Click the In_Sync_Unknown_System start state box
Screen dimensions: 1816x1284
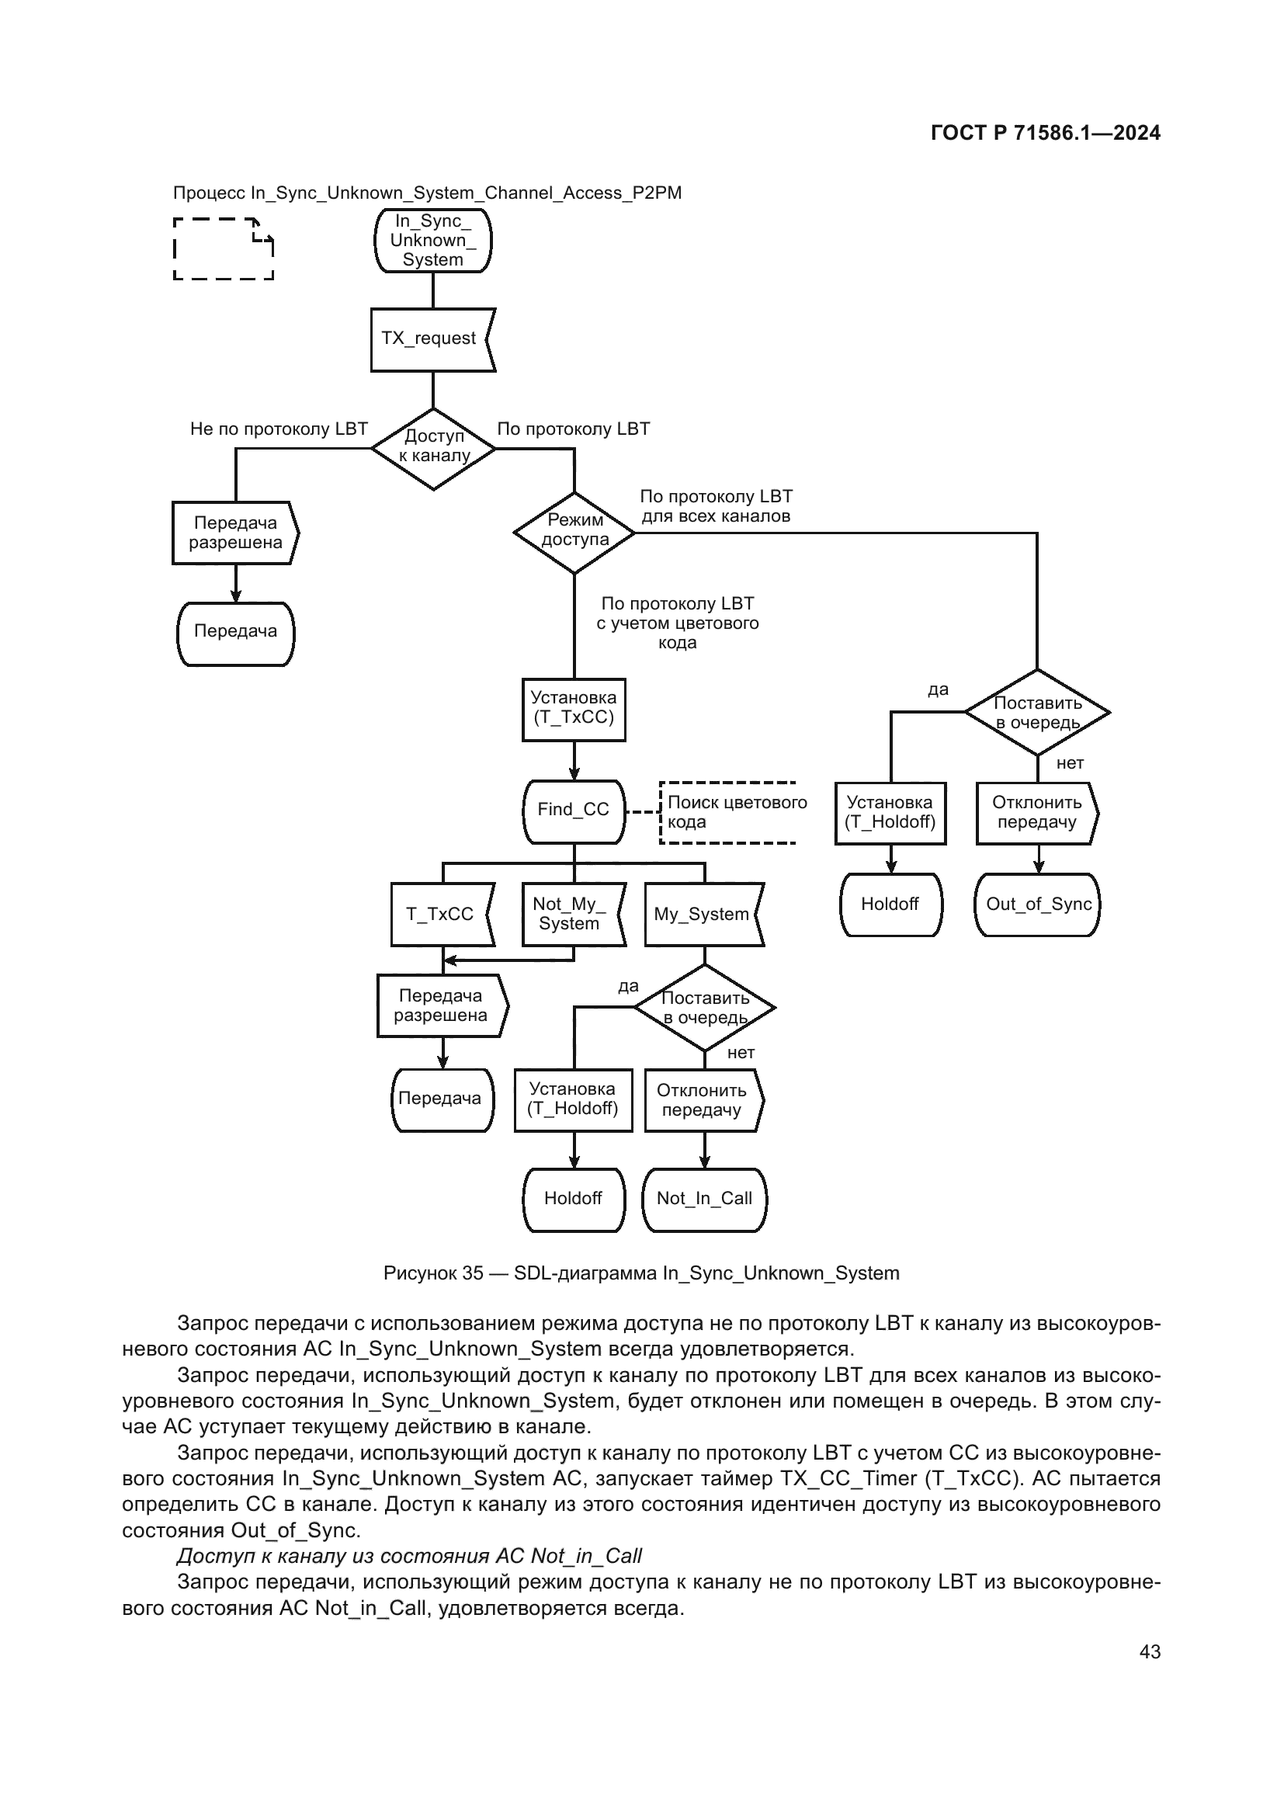pos(432,241)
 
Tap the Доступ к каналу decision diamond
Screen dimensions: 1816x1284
pos(433,449)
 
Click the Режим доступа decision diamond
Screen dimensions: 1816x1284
pos(574,533)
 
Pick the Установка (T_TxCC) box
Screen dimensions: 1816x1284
pos(573,710)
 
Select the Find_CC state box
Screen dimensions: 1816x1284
pos(573,811)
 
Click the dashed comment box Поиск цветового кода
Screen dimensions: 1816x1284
pos(728,812)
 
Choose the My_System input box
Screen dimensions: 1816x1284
pos(702,915)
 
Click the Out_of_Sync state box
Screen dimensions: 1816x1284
pos(1037,905)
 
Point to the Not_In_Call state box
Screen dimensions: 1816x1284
pos(703,1199)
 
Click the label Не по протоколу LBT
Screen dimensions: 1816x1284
pos(279,429)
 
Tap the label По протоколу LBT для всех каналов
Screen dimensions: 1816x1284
pos(716,506)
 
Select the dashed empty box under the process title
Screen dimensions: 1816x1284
pos(223,248)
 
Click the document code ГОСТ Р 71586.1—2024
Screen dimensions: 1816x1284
pos(1045,133)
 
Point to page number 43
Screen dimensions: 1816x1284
pos(1150,1651)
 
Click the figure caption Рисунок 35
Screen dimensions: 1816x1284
pos(640,1273)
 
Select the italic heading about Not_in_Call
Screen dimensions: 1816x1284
pos(409,1556)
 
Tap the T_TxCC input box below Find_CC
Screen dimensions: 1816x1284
pos(441,915)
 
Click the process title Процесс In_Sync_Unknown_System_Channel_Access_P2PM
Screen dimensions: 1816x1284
pos(427,193)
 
